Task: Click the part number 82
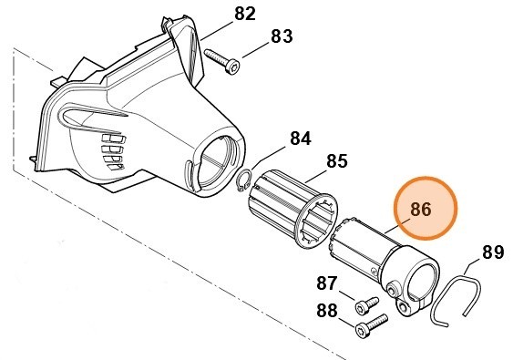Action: coord(246,15)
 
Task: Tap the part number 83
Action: coord(282,37)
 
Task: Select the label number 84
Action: coord(301,139)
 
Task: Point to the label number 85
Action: coord(336,161)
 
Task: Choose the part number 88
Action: coord(326,309)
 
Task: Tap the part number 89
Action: coord(492,252)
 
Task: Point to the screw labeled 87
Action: coord(366,302)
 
